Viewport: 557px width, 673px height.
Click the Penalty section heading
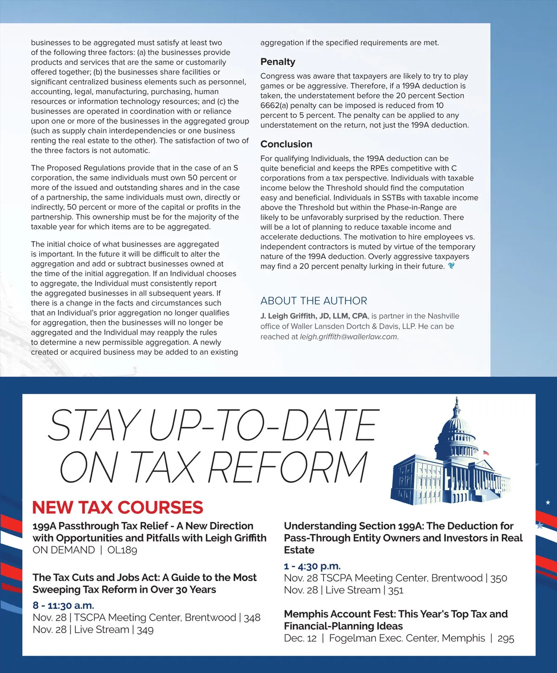click(278, 62)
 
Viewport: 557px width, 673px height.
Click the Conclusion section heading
click(286, 144)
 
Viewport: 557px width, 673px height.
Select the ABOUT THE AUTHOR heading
click(313, 301)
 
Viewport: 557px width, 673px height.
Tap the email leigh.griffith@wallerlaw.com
click(349, 337)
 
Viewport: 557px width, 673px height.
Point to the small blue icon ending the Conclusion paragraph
click(451, 266)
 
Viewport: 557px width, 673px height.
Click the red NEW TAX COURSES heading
click(117, 507)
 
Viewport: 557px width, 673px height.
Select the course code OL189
click(122, 550)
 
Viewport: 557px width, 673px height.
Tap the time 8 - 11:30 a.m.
click(63, 605)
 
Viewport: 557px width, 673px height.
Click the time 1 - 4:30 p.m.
click(312, 566)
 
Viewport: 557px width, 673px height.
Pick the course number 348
click(252, 618)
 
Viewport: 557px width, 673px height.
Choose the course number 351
click(395, 590)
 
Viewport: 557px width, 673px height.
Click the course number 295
click(505, 639)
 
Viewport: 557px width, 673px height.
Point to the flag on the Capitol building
click(486, 452)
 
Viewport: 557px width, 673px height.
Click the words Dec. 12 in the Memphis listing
click(300, 639)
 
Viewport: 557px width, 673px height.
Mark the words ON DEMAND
click(64, 550)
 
